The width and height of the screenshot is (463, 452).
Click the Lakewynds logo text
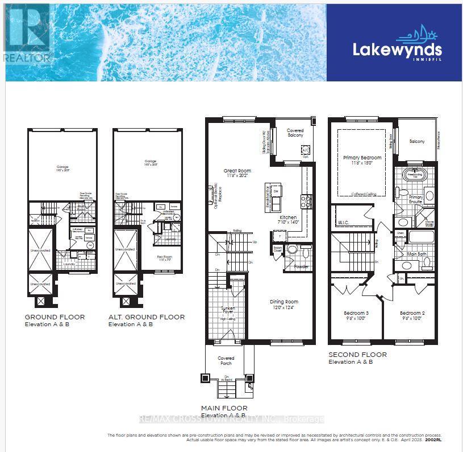397,50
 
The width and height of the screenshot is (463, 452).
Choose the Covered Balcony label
295,133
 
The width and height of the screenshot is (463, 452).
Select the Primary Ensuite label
415,199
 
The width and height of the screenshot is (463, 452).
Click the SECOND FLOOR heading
357,355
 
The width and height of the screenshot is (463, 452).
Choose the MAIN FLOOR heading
224,408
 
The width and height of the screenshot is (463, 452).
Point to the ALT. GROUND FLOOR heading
147,317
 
